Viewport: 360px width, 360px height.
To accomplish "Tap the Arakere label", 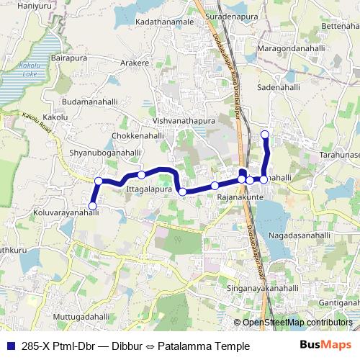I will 135,63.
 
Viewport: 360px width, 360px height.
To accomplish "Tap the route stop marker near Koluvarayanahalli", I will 92,207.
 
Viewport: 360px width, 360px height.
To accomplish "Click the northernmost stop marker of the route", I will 265,135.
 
